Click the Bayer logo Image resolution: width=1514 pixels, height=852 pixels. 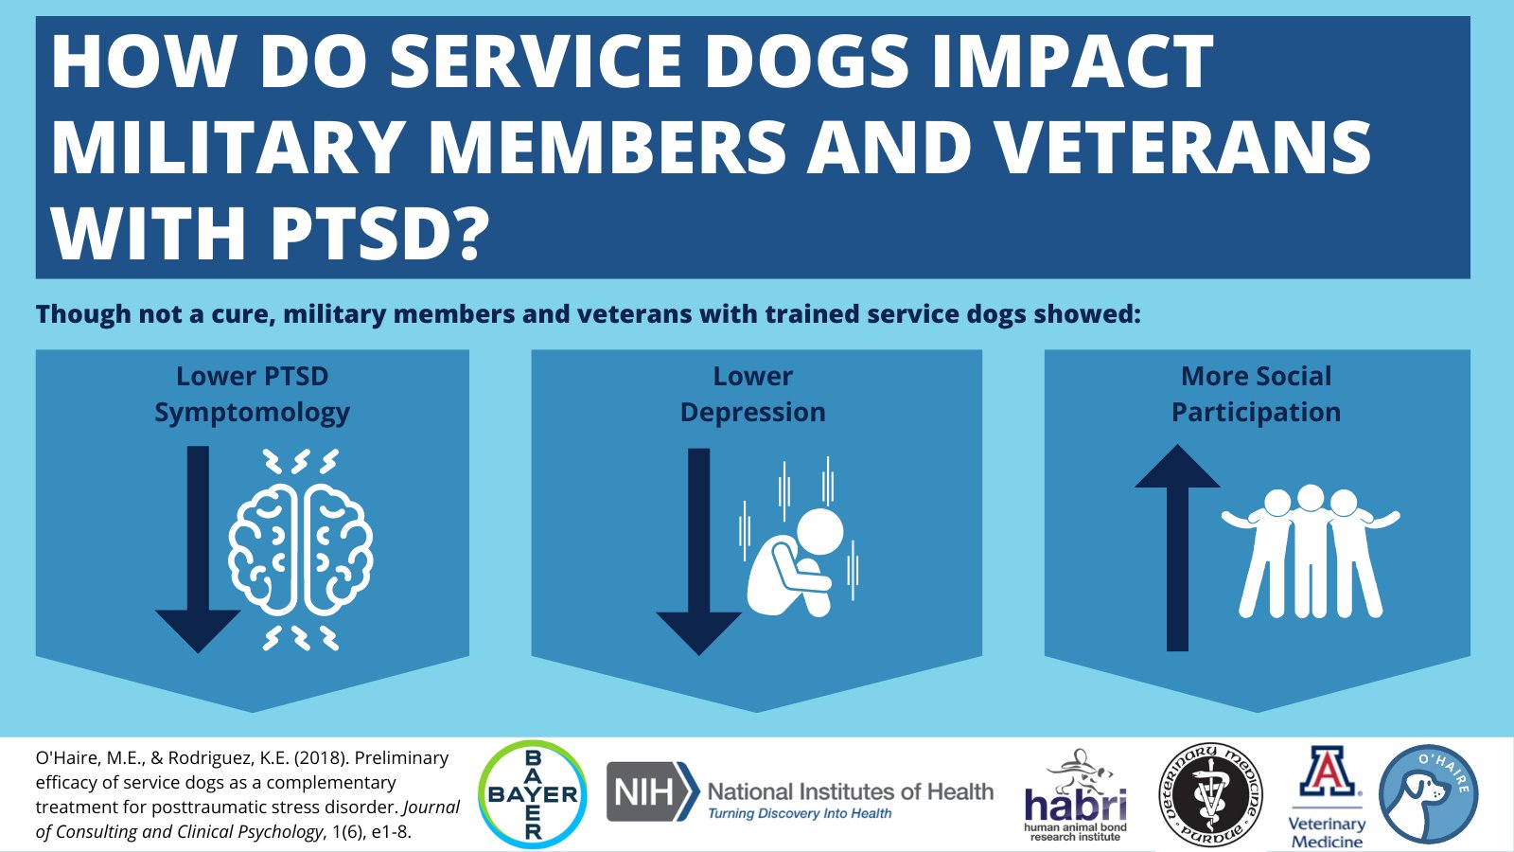pos(533,794)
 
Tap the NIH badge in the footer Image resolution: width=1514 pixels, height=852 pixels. pos(653,791)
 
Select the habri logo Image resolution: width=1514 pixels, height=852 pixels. pos(1075,795)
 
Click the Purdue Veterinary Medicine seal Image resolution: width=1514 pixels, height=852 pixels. pos(1210,795)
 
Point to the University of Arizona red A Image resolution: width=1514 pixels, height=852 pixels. pos(1327,772)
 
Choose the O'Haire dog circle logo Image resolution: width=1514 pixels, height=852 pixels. pos(1428,794)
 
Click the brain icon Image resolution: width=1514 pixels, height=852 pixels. pos(301,550)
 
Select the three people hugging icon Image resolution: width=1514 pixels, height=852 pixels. pos(1311,551)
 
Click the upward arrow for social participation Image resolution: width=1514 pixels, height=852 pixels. pos(1177,548)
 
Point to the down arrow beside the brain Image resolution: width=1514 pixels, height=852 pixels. pos(198,550)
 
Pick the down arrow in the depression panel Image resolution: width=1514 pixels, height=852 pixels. pos(699,552)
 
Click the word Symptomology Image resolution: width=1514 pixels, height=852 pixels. pos(252,413)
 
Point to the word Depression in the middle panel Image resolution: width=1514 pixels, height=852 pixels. pos(753,413)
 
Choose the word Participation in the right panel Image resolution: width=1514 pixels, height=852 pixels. pos(1256,413)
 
